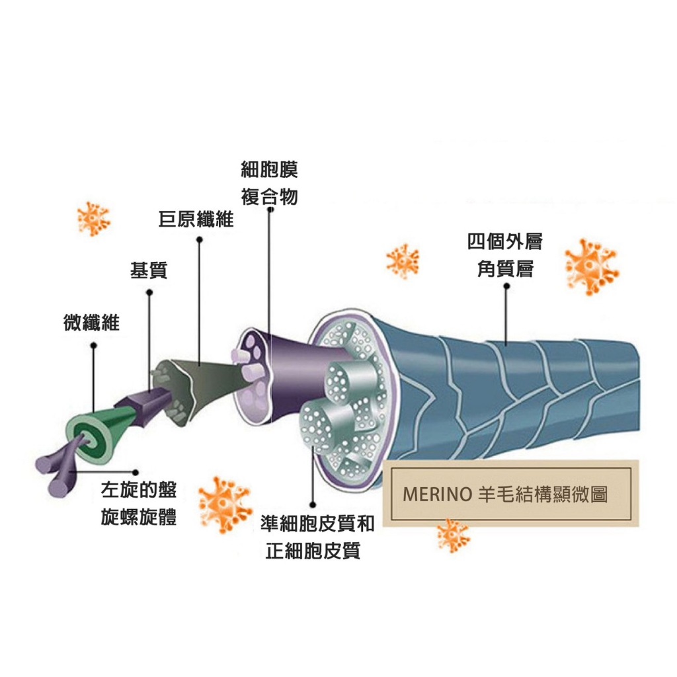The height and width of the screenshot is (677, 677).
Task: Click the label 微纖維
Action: point(91,323)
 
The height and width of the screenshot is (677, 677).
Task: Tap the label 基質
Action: point(149,270)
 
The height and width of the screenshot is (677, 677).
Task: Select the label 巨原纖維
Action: point(196,219)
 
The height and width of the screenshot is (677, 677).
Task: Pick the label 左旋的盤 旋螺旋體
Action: point(139,504)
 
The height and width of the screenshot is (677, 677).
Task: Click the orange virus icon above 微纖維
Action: point(93,218)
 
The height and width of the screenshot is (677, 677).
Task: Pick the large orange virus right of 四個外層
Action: point(591,266)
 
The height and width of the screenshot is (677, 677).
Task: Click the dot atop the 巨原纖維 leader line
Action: point(199,241)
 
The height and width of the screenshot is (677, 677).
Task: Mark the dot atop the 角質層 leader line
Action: point(506,287)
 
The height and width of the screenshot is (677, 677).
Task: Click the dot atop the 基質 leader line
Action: point(149,292)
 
